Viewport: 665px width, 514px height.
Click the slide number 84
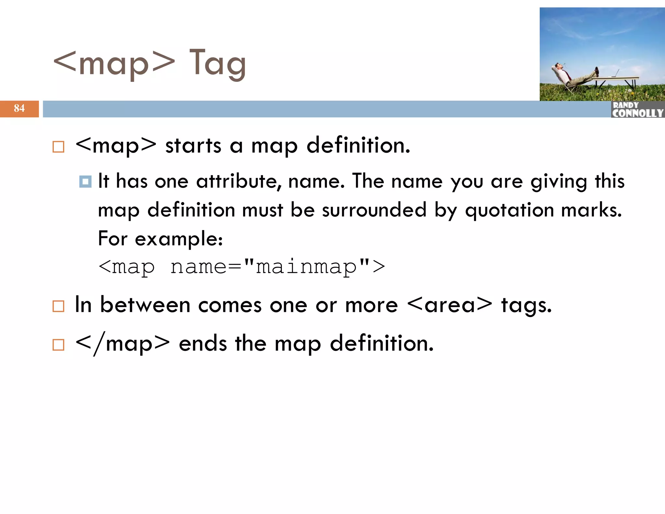pyautogui.click(x=19, y=108)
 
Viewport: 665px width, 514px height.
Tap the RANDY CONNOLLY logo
pyautogui.click(x=637, y=110)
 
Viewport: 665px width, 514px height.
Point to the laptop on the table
pyautogui.click(x=616, y=74)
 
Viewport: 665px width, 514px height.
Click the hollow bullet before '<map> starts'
pyautogui.click(x=58, y=147)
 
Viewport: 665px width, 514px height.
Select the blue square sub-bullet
pyautogui.click(x=85, y=182)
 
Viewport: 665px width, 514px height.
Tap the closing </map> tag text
pyautogui.click(x=122, y=344)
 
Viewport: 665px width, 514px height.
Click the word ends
pyautogui.click(x=203, y=344)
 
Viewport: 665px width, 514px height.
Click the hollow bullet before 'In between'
pyautogui.click(x=58, y=306)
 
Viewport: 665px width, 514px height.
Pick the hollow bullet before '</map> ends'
pyautogui.click(x=58, y=345)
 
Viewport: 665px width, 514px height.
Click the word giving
pyautogui.click(x=558, y=181)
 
